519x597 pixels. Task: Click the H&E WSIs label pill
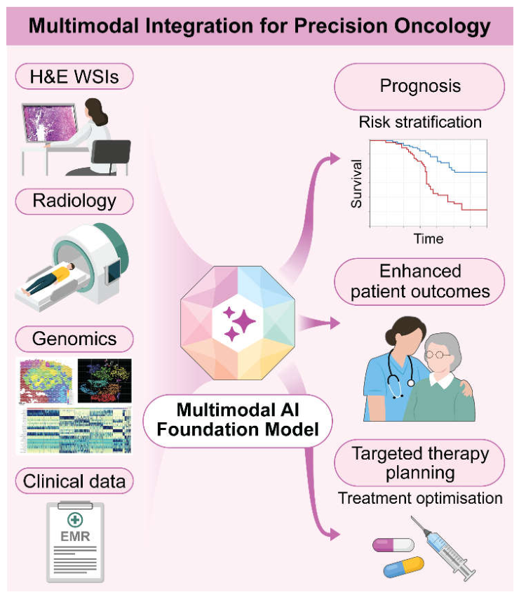[x=74, y=76]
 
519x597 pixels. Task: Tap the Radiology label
[x=74, y=201]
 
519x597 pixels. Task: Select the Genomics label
[x=74, y=338]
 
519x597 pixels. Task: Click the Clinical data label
[x=74, y=481]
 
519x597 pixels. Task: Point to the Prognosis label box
[x=419, y=86]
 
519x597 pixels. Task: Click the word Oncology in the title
[x=442, y=26]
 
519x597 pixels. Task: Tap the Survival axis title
[x=356, y=184]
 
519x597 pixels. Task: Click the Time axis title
[x=429, y=239]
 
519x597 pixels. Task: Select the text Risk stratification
[x=420, y=122]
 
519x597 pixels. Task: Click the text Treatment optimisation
[x=420, y=498]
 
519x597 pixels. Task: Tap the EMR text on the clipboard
[x=75, y=537]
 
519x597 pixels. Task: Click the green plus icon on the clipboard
[x=75, y=520]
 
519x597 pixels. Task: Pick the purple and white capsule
[x=393, y=545]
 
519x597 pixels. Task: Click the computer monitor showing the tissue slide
[x=50, y=123]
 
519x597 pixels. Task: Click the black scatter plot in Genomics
[x=105, y=380]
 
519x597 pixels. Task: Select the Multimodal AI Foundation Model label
[x=238, y=420]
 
